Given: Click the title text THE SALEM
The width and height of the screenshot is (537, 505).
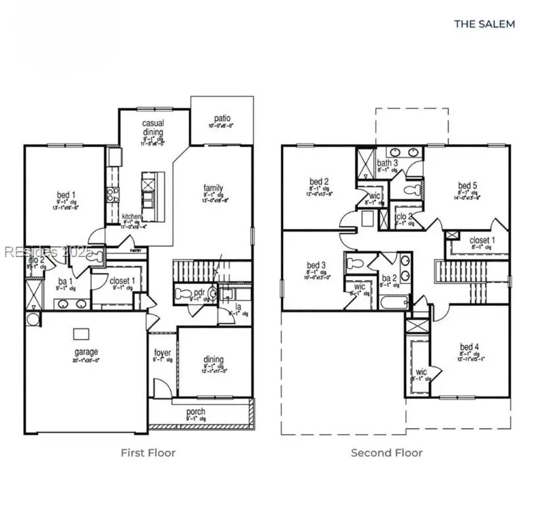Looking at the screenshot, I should tap(484, 24).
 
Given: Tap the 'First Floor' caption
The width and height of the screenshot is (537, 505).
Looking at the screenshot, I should tap(148, 452).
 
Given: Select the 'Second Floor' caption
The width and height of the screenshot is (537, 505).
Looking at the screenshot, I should tap(387, 452).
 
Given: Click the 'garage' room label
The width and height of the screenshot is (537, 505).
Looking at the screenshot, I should tap(86, 352).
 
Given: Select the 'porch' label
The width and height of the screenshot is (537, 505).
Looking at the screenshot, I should tap(195, 412).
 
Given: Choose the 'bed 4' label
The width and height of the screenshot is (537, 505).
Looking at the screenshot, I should tap(469, 347).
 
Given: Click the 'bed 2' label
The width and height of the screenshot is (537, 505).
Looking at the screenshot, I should tap(319, 181).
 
